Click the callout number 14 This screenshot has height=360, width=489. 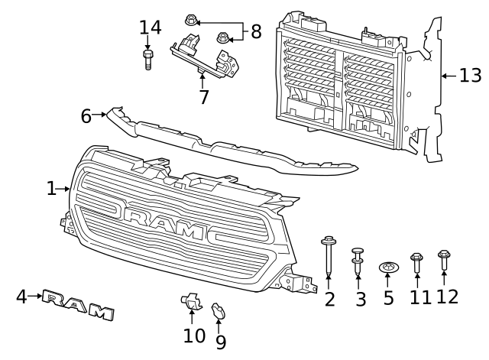pos(151,28)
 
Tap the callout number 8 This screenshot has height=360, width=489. pos(255,31)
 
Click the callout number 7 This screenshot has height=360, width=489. pos(203,97)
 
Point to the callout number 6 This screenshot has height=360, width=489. pos(86,116)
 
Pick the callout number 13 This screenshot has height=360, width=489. pos(471,75)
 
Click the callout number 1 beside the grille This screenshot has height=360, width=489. pos(51,187)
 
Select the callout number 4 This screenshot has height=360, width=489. pos(22,296)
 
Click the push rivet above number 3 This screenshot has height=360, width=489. pos(358,261)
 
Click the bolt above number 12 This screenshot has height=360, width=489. pos(444,259)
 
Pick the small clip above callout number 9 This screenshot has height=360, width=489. pos(218,310)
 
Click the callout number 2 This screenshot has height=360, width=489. pos(329,299)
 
